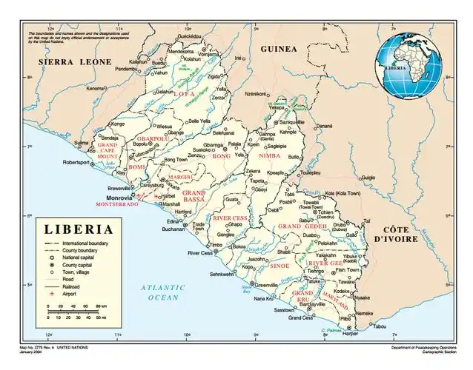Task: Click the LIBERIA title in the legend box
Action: [x=80, y=230]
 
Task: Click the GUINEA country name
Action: [x=278, y=49]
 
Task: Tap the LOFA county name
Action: [x=184, y=94]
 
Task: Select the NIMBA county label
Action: [x=269, y=157]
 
